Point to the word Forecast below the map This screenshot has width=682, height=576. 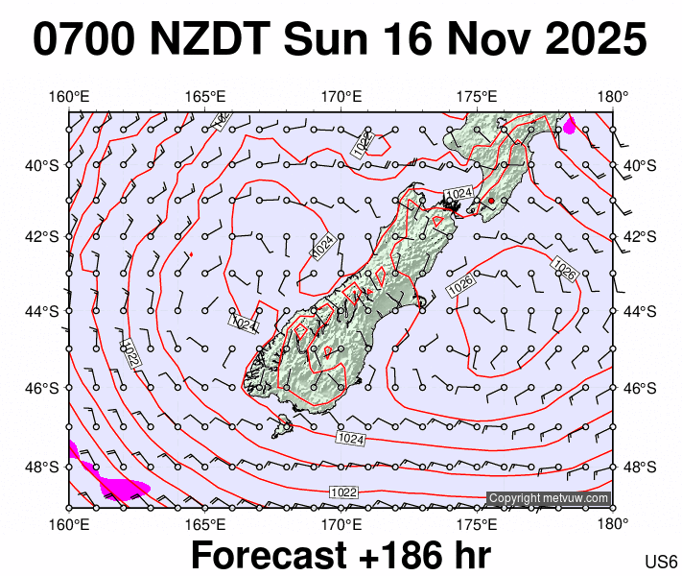coord(268,556)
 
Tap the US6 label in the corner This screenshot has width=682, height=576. coord(662,562)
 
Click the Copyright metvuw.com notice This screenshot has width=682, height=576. coord(548,498)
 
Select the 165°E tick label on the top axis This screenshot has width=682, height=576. coord(204,97)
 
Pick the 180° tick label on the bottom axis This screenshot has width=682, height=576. coord(613,524)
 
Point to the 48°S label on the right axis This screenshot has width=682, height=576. coord(640,468)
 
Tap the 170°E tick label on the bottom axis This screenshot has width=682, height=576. coord(341,524)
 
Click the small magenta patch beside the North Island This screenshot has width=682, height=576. coord(570,125)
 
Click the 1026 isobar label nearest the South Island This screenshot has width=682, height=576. coord(461,284)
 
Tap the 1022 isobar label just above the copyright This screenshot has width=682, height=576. coord(343,492)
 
